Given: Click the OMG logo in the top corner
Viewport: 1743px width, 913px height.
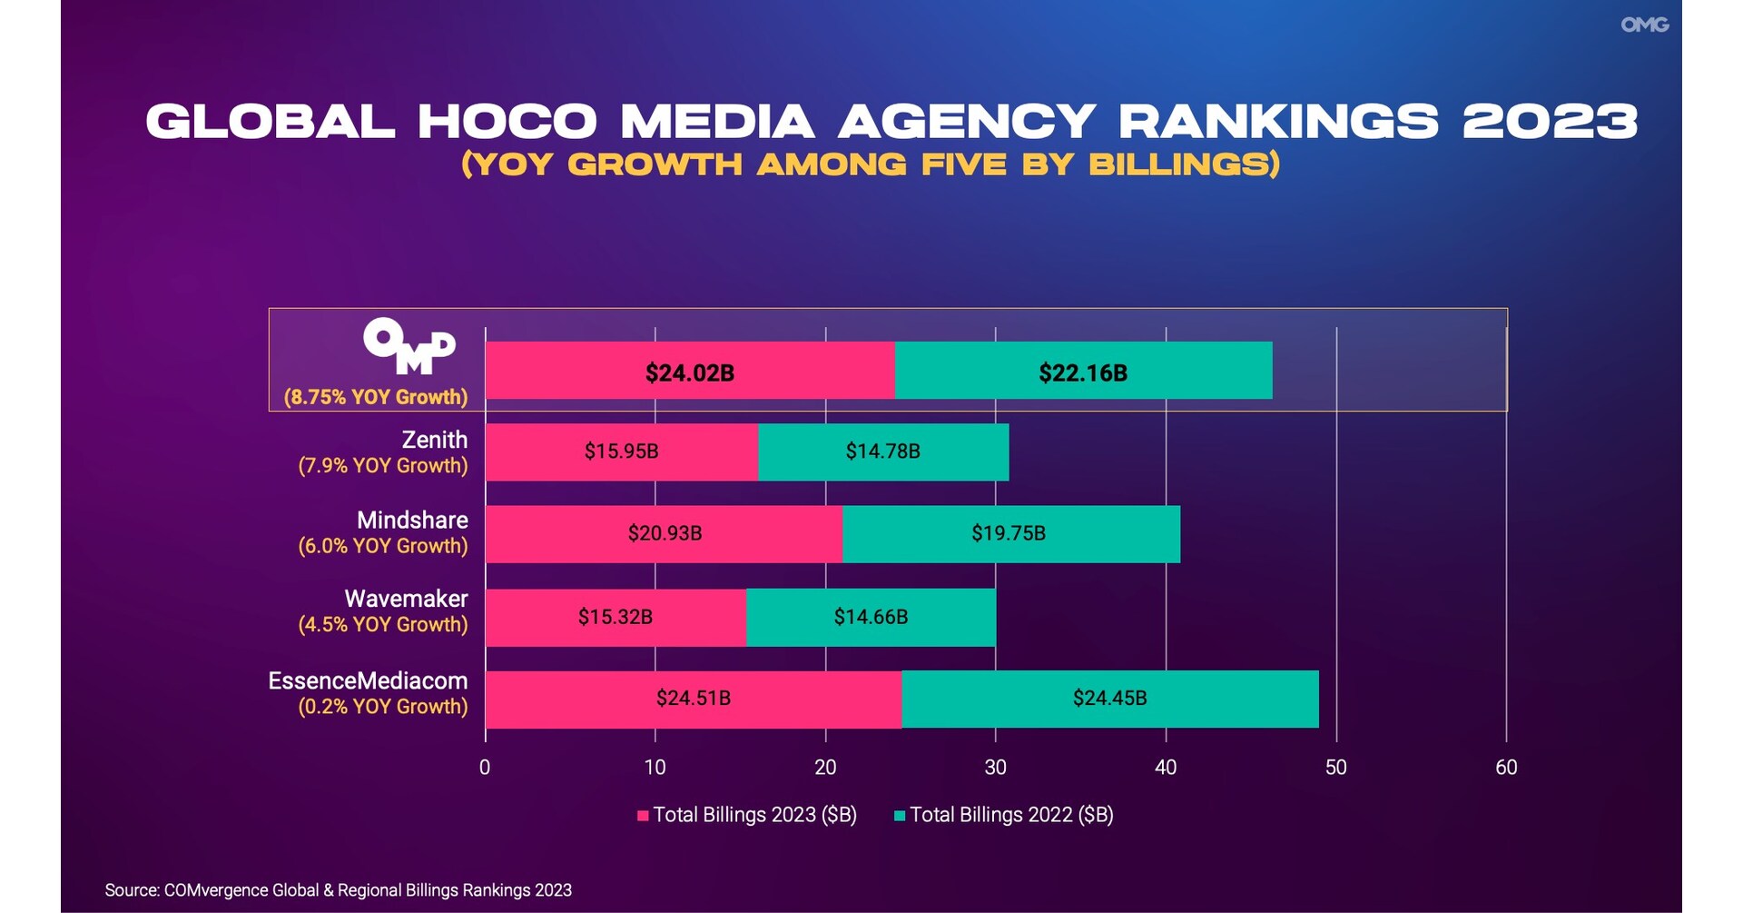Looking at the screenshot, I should coord(1644,25).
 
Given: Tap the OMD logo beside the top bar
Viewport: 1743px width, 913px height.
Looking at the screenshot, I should coord(409,346).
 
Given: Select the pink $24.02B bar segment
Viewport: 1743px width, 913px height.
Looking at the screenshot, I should coord(690,371).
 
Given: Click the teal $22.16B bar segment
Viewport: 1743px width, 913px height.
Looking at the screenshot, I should coord(1083,371).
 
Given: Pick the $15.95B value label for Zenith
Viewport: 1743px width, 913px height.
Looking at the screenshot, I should coord(622,452).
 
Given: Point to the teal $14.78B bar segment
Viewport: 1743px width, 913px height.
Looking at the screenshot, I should coord(882,452).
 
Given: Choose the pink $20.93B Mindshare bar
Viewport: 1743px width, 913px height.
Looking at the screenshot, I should coord(665,533).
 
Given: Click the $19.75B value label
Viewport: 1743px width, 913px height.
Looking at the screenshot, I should coord(1009,533).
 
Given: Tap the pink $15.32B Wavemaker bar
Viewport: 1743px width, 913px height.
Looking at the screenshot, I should coord(615,617).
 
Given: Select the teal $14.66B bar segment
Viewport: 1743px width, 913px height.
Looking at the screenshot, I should coord(871,617).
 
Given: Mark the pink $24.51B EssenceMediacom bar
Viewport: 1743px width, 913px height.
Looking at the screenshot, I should coord(694,699).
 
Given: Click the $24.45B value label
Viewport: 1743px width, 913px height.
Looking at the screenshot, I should coord(1109,699).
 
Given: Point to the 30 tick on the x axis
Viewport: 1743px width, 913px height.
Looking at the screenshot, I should coord(996,768).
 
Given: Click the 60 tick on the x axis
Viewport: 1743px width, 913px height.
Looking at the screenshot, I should coord(1506,768).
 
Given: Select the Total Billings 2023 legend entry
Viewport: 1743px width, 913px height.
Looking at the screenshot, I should coord(747,815).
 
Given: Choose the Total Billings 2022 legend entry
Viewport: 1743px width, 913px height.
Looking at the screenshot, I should coord(1004,815).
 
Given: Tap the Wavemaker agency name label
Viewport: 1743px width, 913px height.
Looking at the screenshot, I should coord(406,599).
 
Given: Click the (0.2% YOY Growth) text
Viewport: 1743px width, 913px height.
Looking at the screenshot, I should coord(383,707).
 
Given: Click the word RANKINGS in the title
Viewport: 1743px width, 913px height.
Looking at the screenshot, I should coord(1278,122).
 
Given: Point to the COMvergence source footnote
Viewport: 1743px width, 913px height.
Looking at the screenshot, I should coord(338,890).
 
